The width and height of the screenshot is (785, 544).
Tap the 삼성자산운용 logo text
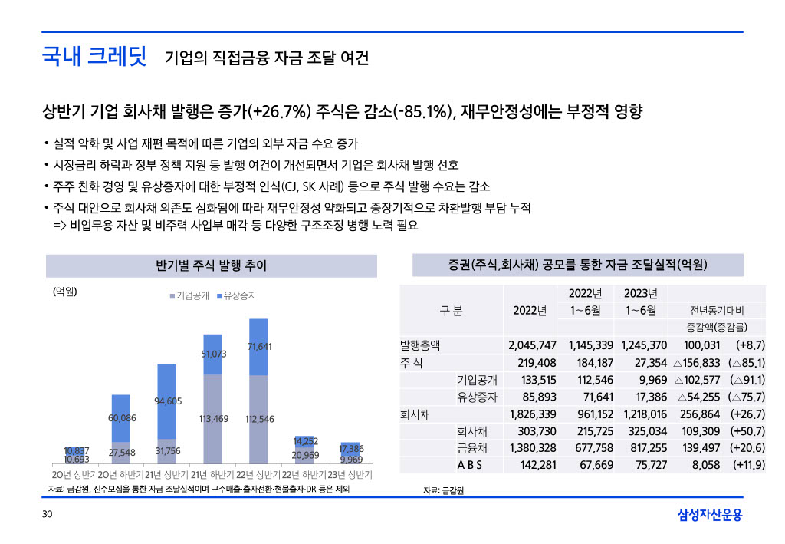pos(710,515)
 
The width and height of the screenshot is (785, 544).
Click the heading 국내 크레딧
pos(94,58)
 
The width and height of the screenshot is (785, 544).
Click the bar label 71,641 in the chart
pos(260,347)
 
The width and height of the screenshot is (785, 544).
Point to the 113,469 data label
pos(214,419)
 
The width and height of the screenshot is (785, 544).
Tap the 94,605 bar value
pos(168,401)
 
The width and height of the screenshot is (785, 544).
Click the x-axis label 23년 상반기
pos(350,474)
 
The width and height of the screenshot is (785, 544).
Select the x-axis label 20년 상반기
pos(74,474)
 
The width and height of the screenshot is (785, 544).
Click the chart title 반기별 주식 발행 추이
pos(211,266)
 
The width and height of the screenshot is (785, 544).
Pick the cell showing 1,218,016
pos(644,414)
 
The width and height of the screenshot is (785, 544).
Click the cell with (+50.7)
pos(748,431)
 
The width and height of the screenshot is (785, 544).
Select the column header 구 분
pos(451,311)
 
